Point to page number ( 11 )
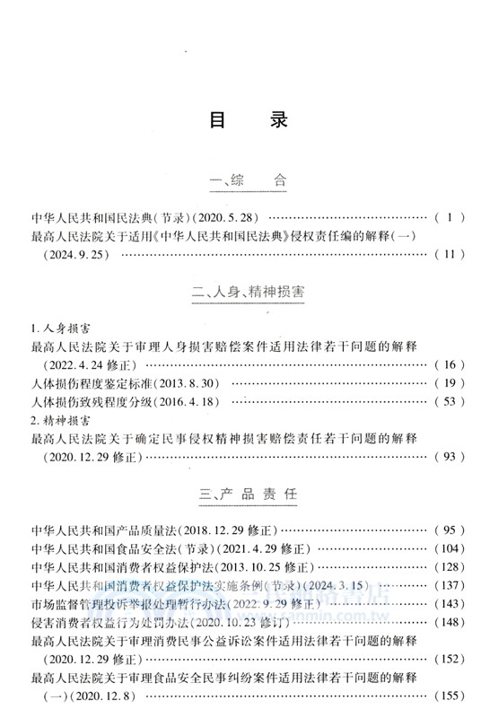tap(449, 255)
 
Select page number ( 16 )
tap(449, 365)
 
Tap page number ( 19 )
tap(449, 384)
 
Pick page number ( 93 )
tap(449, 458)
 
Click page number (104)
tap(449, 547)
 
